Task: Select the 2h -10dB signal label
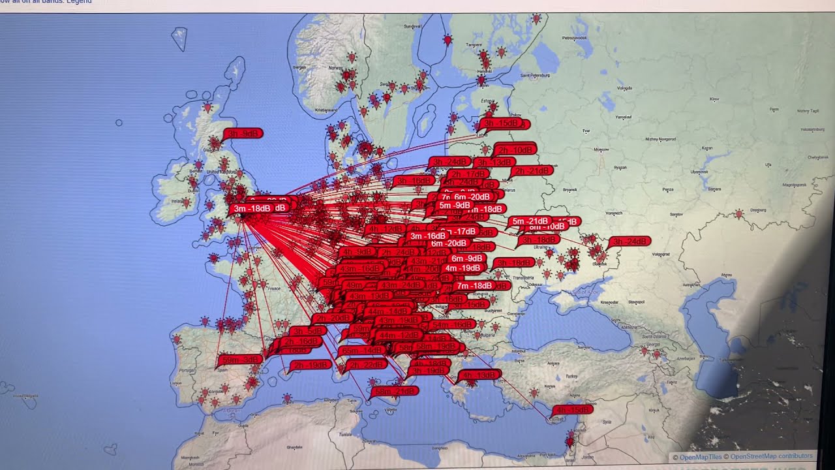pyautogui.click(x=515, y=149)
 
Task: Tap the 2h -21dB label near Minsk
pyautogui.click(x=532, y=171)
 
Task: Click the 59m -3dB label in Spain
pyautogui.click(x=241, y=360)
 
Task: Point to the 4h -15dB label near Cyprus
pyautogui.click(x=573, y=410)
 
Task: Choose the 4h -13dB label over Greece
pyautogui.click(x=480, y=375)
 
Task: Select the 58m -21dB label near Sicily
pyautogui.click(x=395, y=392)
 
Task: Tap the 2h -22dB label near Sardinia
pyautogui.click(x=367, y=365)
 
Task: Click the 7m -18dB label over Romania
pyautogui.click(x=474, y=286)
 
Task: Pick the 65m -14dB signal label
pyautogui.click(x=361, y=351)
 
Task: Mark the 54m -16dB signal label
pyautogui.click(x=451, y=325)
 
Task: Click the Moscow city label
pyautogui.click(x=601, y=149)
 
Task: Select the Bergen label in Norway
pyautogui.click(x=300, y=67)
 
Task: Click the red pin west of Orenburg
pyautogui.click(x=738, y=214)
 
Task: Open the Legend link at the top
pyautogui.click(x=79, y=2)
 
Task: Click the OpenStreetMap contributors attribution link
pyautogui.click(x=771, y=456)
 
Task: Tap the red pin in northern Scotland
pyautogui.click(x=207, y=106)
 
